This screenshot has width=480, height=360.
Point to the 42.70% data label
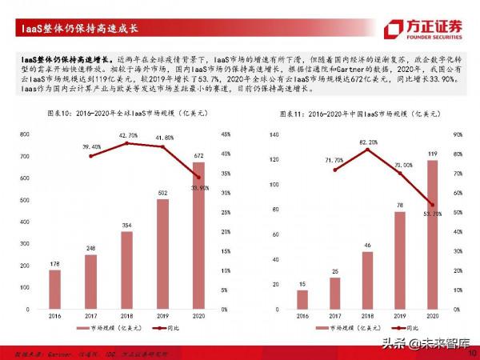[x=128, y=136]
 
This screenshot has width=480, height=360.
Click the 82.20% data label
[x=369, y=142]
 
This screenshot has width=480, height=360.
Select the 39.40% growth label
[x=91, y=147]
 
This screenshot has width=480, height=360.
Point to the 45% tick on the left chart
[x=226, y=134]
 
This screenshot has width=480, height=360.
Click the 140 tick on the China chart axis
[x=274, y=134]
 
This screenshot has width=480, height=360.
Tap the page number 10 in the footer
[x=472, y=351]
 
